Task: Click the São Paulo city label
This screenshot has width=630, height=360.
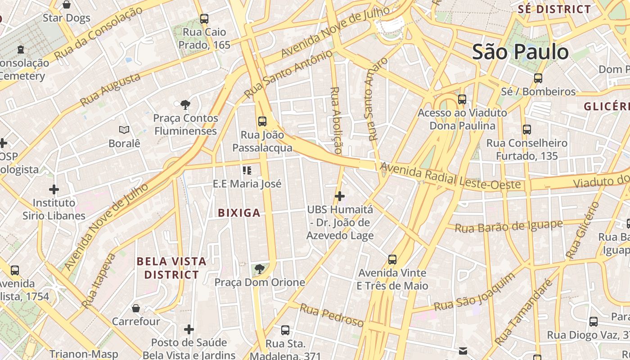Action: tap(520, 52)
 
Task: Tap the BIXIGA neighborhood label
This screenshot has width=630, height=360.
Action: tap(239, 213)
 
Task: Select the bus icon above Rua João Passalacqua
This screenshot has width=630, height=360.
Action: tap(262, 121)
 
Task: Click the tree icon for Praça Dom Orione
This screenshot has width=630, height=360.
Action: tap(259, 269)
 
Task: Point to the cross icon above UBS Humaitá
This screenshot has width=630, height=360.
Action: tap(340, 196)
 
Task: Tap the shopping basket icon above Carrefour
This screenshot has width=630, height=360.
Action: tap(136, 308)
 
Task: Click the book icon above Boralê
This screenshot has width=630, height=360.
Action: tap(124, 130)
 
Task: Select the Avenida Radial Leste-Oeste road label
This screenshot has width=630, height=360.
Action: tap(450, 177)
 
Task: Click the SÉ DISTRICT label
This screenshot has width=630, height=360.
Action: tap(554, 9)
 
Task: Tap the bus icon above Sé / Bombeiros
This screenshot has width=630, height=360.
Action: tap(538, 78)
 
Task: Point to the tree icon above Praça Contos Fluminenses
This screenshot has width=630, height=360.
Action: tap(185, 105)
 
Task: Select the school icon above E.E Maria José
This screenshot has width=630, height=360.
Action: tap(247, 170)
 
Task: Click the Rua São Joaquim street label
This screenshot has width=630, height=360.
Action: tap(474, 292)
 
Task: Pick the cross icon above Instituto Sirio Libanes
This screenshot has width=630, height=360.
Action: tap(54, 189)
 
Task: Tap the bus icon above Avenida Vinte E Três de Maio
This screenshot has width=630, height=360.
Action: tap(392, 260)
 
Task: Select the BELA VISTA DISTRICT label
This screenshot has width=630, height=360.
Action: tap(171, 268)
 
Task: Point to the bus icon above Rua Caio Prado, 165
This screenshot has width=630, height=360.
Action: tap(204, 19)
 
